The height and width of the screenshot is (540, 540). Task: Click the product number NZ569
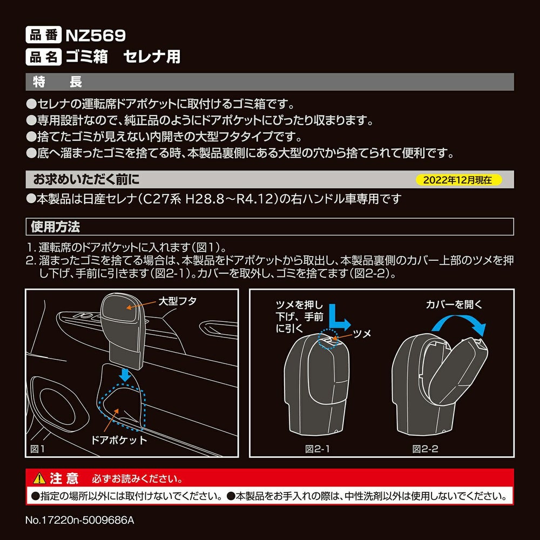coord(96,35)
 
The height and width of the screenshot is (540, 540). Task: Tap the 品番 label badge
coord(43,35)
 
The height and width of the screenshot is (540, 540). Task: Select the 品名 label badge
coord(43,57)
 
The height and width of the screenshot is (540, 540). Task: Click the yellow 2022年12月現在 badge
coord(458,180)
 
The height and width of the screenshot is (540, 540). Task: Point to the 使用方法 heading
coord(55,227)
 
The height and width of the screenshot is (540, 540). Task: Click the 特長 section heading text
coord(57,82)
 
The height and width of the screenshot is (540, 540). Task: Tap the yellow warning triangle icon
coord(39,478)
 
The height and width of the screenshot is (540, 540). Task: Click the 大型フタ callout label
coord(178,301)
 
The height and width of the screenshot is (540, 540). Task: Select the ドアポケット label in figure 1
coord(119,440)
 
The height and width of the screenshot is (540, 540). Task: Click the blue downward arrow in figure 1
coord(125,375)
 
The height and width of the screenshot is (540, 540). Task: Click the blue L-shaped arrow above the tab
coord(339,318)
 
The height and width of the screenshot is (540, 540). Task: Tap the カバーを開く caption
coord(454,305)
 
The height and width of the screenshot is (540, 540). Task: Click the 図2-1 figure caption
coord(317,449)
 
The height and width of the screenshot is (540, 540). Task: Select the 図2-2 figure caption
coord(426,449)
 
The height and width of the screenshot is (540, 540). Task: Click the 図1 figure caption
coord(38,449)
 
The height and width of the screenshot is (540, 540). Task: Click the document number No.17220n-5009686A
coord(80,520)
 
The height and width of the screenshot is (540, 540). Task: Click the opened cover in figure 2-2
coord(458,372)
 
